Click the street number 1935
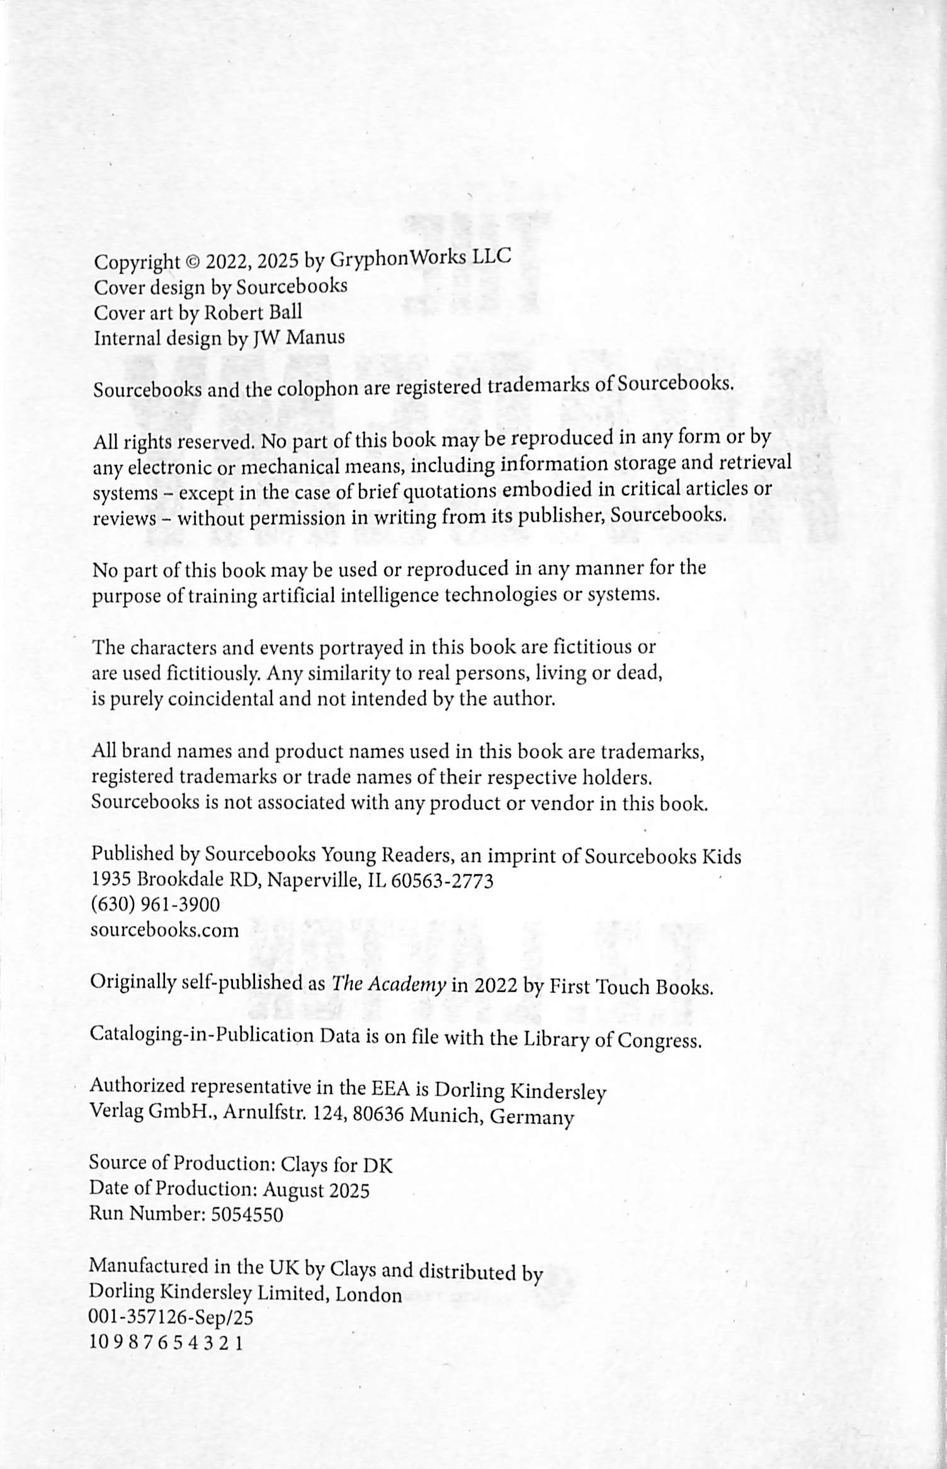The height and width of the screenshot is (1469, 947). point(111,880)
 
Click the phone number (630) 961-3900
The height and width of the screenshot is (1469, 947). point(156,905)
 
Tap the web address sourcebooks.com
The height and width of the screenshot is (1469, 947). point(165,930)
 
